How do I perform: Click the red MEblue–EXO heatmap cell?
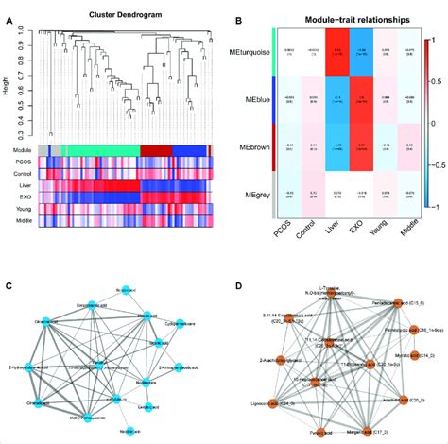tap(360, 108)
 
